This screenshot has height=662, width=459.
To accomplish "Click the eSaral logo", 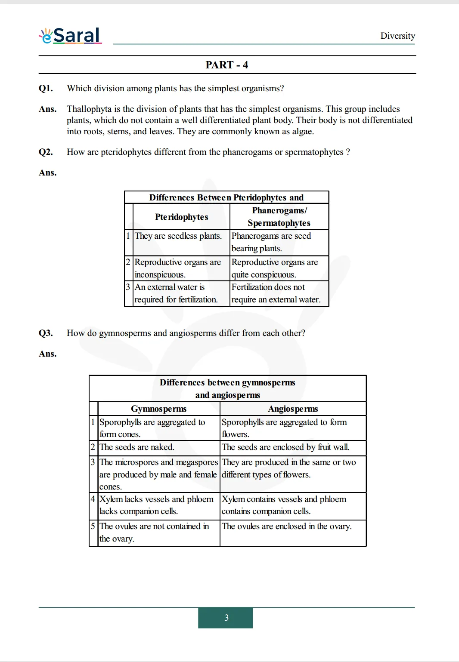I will click(71, 36).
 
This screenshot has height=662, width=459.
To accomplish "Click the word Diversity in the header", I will click(397, 36).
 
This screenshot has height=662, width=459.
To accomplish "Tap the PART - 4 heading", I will click(226, 65).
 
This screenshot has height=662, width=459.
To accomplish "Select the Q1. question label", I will click(46, 88).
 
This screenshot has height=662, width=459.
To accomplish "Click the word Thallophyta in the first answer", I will click(89, 109).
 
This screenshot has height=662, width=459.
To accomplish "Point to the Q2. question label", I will click(46, 152).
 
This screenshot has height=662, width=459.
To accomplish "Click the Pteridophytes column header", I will click(181, 217).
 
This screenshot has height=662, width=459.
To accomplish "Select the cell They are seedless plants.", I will click(178, 236).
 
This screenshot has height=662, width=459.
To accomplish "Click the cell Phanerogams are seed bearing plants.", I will click(271, 242).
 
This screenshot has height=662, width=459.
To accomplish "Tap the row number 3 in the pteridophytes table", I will click(128, 287).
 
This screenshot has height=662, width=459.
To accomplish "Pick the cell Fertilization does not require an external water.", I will click(276, 293).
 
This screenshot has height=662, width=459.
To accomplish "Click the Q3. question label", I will click(46, 333).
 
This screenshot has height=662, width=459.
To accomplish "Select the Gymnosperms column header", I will click(158, 409).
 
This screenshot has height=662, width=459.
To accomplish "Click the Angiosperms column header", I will click(293, 409).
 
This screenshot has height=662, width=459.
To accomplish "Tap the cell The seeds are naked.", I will click(137, 447).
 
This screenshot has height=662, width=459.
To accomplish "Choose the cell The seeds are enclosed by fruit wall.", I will click(285, 447).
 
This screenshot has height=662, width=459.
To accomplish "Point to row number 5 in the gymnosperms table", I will click(93, 526).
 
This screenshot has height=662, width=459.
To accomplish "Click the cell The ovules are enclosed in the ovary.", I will click(286, 527).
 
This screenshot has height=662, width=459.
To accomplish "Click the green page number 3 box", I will click(226, 618).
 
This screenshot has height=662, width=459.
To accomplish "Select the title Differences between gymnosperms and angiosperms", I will click(227, 388).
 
